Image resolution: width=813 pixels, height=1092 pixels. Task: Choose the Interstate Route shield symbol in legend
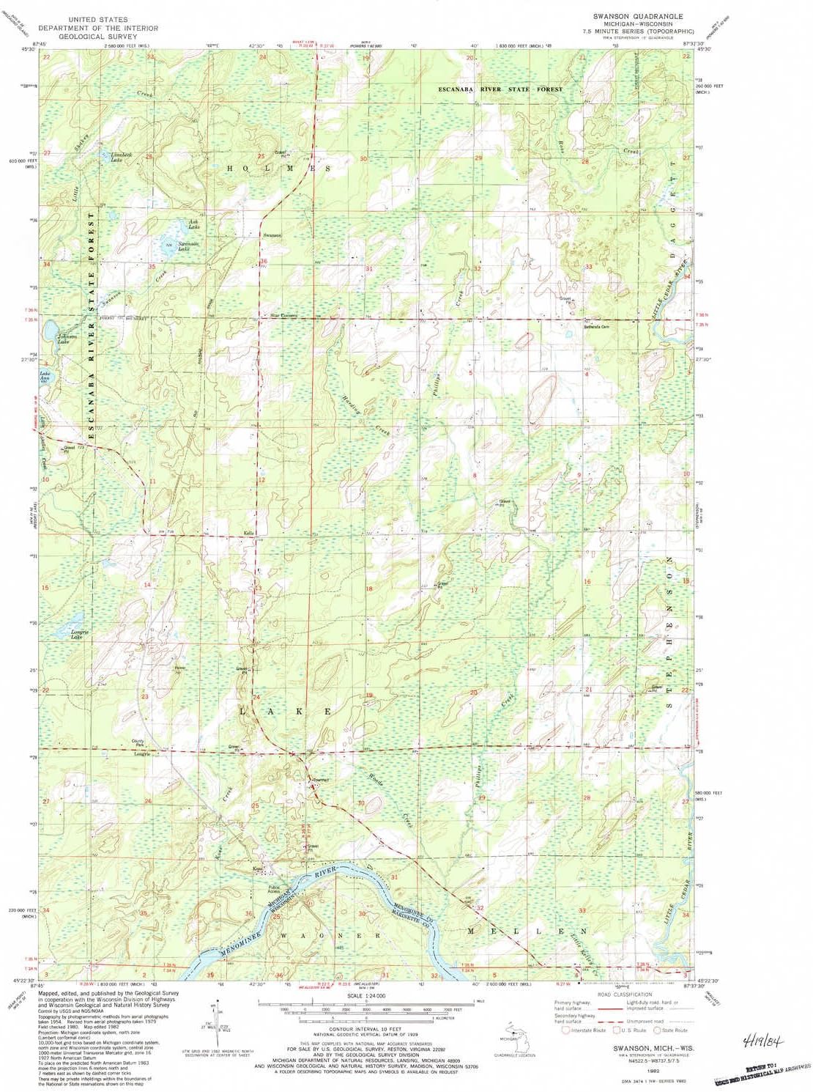click(x=565, y=1030)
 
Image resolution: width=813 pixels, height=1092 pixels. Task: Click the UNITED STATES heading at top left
click(x=98, y=19)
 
